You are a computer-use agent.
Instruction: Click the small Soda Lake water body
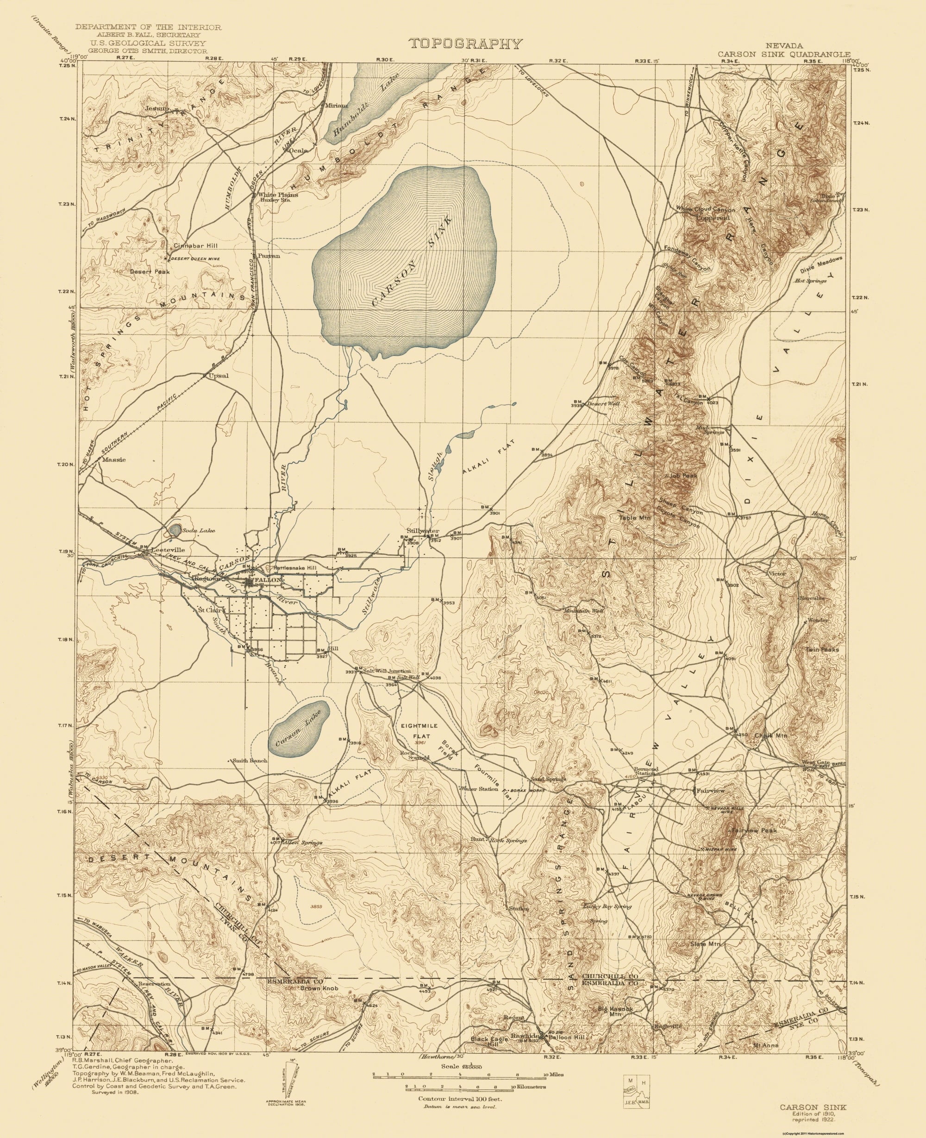click(174, 530)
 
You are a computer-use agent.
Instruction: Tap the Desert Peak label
click(150, 271)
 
